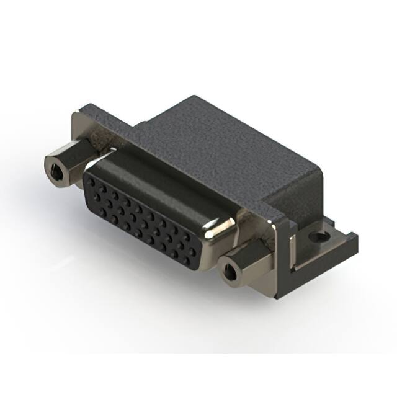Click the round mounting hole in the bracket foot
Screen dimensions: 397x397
319,236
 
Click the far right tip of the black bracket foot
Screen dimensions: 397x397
355,238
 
